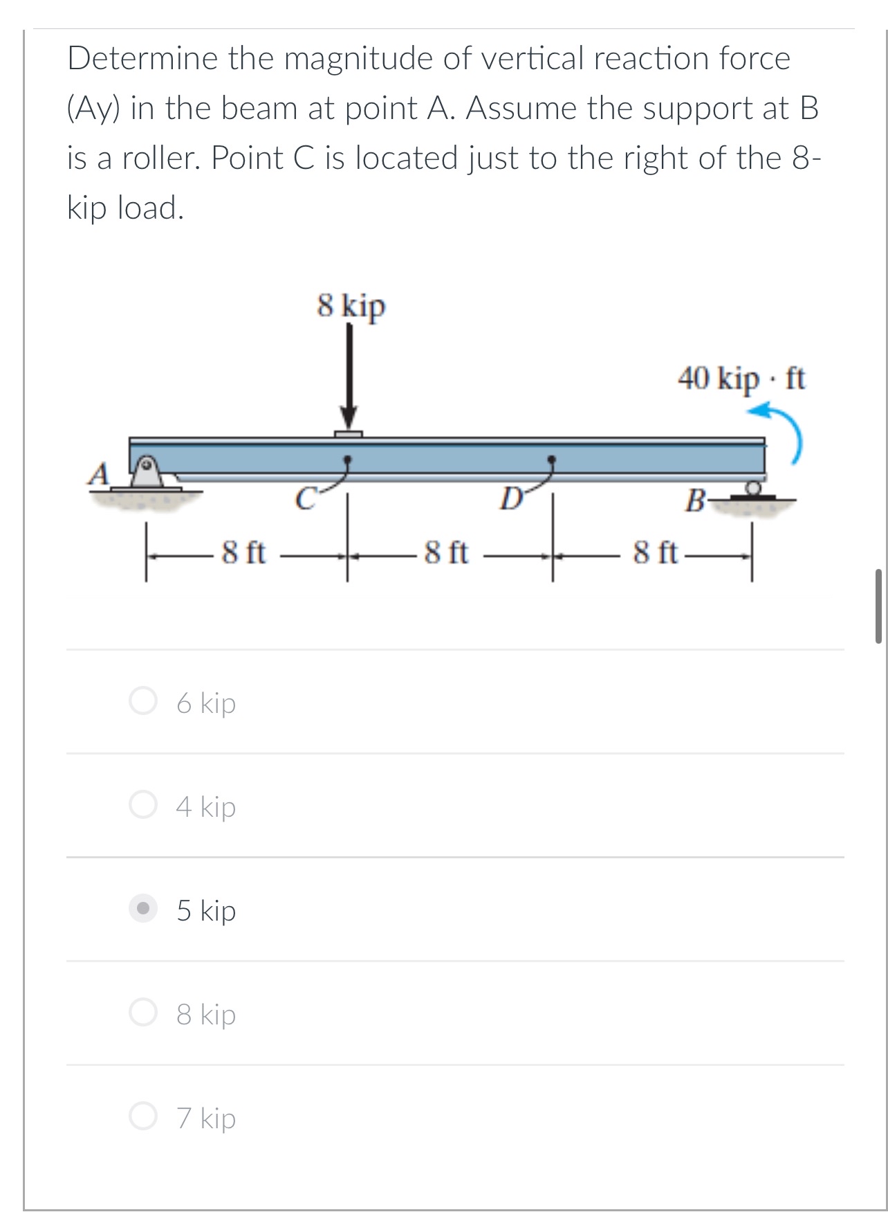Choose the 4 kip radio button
tap(143, 806)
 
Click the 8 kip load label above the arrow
tap(351, 305)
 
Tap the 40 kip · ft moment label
tap(741, 379)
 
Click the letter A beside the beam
tap(100, 474)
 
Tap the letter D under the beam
tap(510, 499)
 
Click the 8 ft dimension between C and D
tap(446, 553)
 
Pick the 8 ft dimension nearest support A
tap(243, 553)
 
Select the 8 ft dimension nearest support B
tap(655, 553)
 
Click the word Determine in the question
tap(142, 58)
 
